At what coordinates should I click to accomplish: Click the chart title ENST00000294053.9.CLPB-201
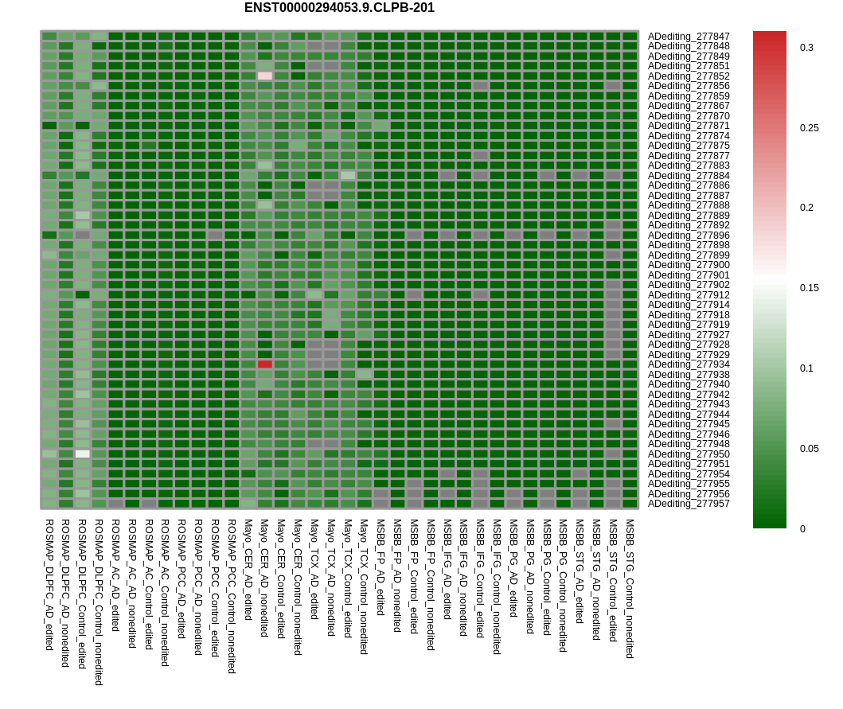[x=339, y=8]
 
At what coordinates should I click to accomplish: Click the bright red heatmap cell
[x=265, y=364]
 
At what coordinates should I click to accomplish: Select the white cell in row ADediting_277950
[x=83, y=454]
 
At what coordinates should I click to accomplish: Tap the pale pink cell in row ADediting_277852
[x=265, y=76]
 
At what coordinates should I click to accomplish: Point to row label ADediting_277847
[x=688, y=37]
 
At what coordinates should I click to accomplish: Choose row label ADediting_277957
[x=688, y=504]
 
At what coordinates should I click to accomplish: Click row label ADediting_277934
[x=688, y=364]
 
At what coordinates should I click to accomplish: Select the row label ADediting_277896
[x=688, y=236]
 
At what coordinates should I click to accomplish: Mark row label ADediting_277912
[x=688, y=295]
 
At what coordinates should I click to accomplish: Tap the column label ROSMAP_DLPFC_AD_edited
[x=49, y=584]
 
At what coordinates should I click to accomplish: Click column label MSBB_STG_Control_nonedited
[x=630, y=589]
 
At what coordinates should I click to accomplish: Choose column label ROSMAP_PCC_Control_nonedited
[x=232, y=596]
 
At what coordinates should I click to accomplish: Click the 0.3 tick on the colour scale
[x=806, y=48]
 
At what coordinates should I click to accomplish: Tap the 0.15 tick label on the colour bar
[x=809, y=288]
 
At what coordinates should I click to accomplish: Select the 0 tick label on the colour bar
[x=803, y=528]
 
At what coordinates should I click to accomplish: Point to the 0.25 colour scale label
[x=809, y=128]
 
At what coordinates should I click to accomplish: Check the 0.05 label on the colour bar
[x=809, y=449]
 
